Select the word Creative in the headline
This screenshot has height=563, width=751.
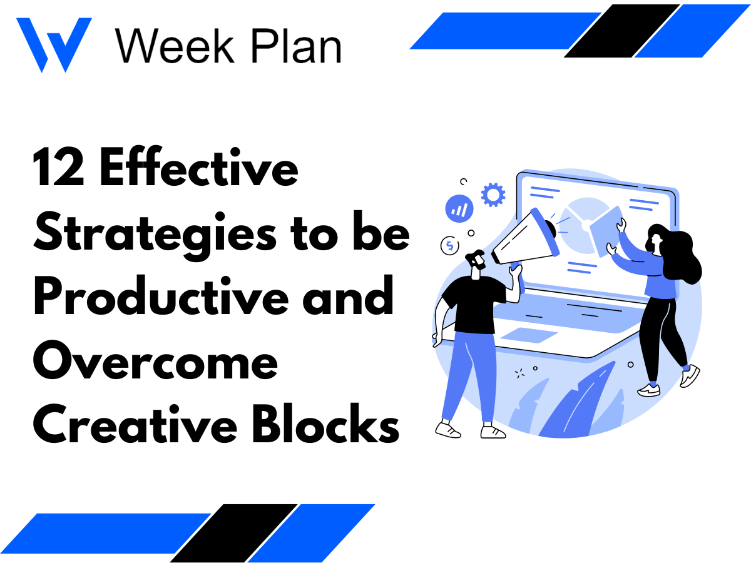coord(131,425)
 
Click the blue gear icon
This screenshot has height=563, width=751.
coord(493,195)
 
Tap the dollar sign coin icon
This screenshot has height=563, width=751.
coord(449,246)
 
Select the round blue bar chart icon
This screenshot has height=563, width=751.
coord(459,208)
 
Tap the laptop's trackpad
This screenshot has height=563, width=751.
coord(529,335)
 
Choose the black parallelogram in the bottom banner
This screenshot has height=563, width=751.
coord(235,532)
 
